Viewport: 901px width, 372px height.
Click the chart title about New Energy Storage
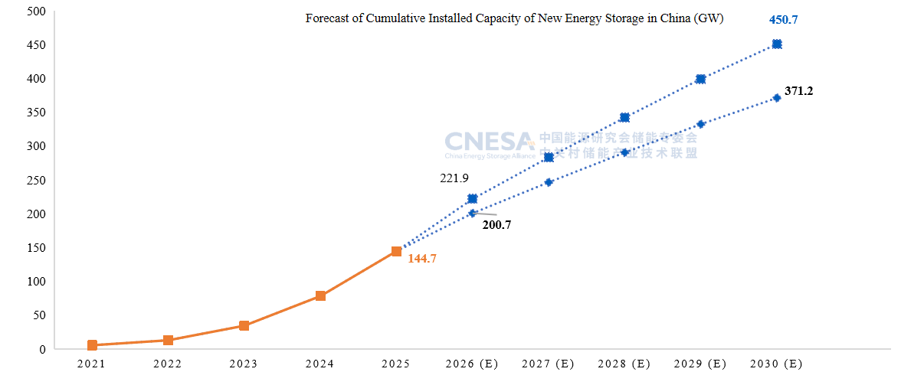pyautogui.click(x=515, y=18)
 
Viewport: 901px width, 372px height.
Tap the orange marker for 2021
pyautogui.click(x=92, y=345)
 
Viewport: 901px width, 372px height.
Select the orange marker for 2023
pyautogui.click(x=244, y=325)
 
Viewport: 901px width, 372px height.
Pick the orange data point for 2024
pyautogui.click(x=320, y=295)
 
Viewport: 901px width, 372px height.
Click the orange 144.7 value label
pyautogui.click(x=421, y=259)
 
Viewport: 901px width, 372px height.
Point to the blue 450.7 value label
pyautogui.click(x=783, y=20)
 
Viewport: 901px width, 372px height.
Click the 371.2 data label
pyautogui.click(x=798, y=91)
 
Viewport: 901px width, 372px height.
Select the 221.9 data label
pyautogui.click(x=454, y=178)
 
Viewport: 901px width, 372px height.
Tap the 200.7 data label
pyautogui.click(x=496, y=225)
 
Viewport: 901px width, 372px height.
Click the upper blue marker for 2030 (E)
pyautogui.click(x=777, y=44)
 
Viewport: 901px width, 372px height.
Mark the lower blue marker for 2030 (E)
pyautogui.click(x=777, y=98)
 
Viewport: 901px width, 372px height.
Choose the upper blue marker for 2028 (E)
pyautogui.click(x=624, y=117)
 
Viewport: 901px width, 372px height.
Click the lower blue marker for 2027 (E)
pyautogui.click(x=549, y=182)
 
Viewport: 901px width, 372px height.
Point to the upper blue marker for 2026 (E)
pyautogui.click(x=472, y=199)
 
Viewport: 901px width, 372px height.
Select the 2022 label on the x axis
pyautogui.click(x=167, y=364)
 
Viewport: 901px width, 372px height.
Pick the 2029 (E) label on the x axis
pyautogui.click(x=700, y=364)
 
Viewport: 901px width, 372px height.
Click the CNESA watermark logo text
pyautogui.click(x=489, y=141)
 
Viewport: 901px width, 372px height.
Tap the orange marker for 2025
pyautogui.click(x=396, y=251)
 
